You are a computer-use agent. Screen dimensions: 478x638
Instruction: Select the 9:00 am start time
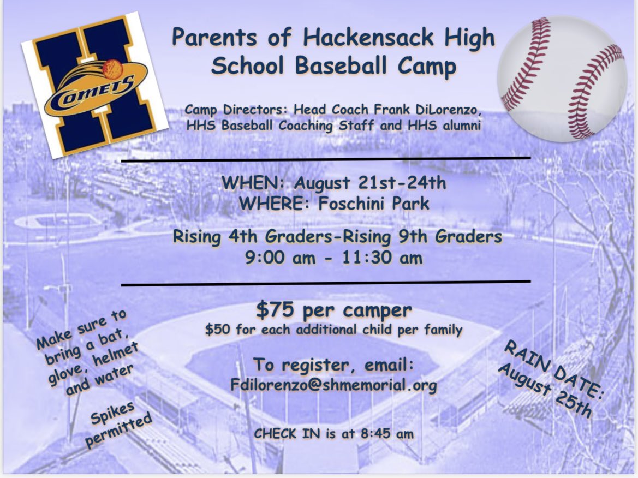[x=280, y=257]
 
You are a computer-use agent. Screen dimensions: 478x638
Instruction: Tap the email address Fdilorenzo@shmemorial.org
[x=334, y=385]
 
